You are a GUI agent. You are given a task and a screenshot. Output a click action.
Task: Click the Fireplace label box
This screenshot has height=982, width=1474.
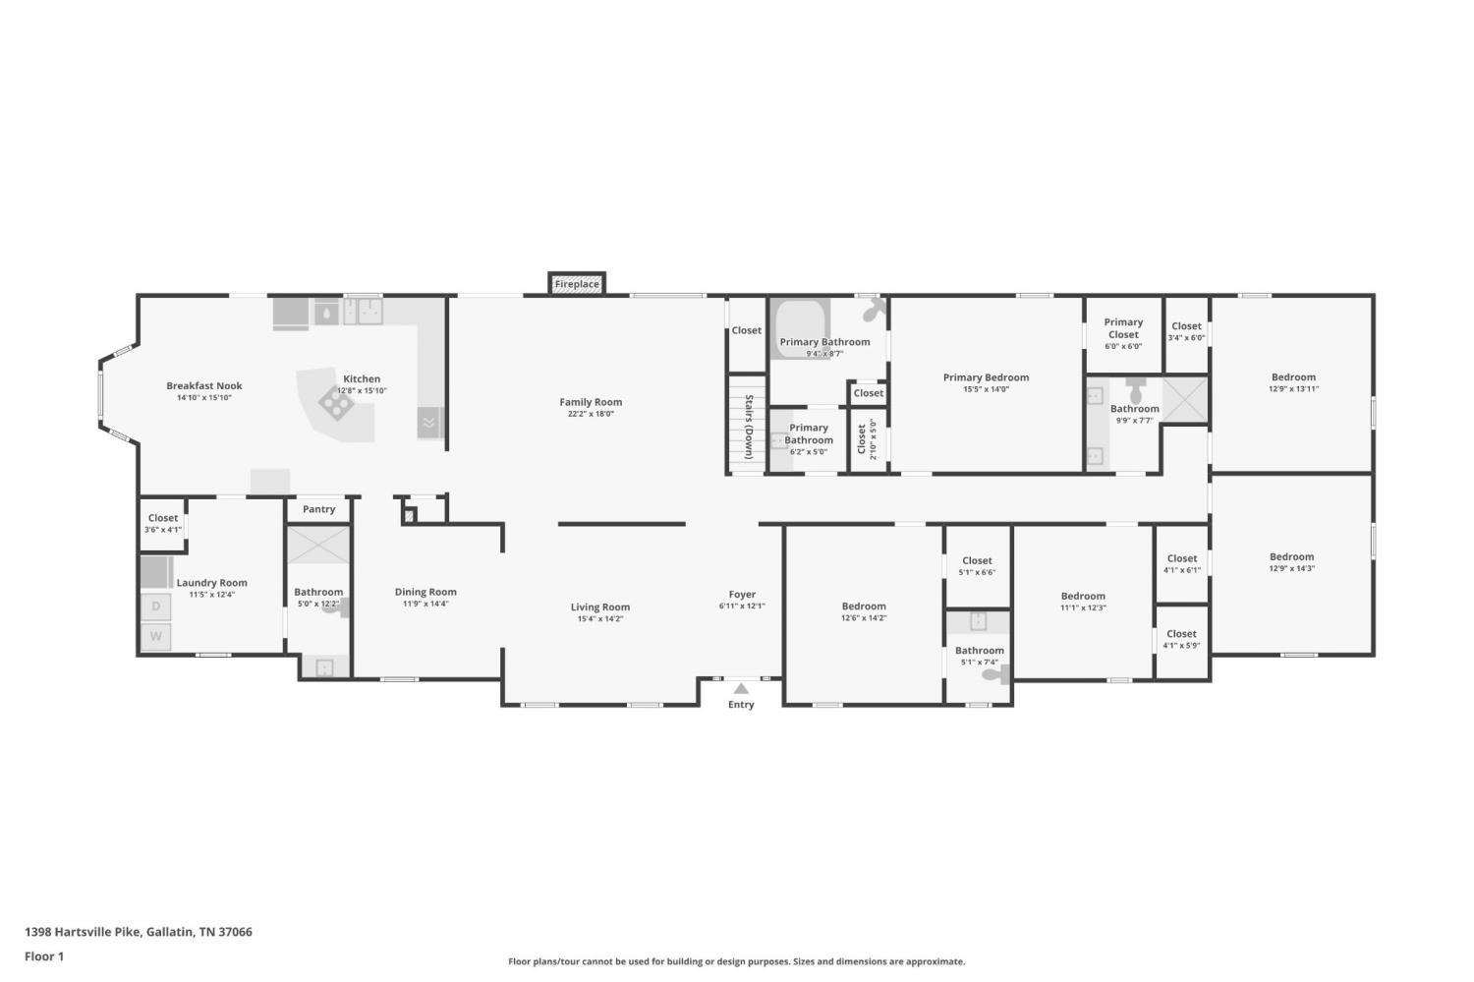tap(577, 284)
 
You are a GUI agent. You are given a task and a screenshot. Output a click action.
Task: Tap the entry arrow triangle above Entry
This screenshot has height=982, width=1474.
tap(741, 688)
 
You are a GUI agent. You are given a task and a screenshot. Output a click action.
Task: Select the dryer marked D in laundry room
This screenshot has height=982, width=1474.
tap(156, 607)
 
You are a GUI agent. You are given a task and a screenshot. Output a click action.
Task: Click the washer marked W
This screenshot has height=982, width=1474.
tap(156, 636)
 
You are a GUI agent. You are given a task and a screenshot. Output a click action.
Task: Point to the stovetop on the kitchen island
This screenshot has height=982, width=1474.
tap(336, 403)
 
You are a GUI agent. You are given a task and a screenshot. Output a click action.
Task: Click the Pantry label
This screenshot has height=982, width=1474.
tap(319, 509)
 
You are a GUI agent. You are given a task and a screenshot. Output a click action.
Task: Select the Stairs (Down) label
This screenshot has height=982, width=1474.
tap(749, 427)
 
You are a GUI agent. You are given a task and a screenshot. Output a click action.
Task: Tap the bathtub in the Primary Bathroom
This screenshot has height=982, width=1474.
tap(800, 329)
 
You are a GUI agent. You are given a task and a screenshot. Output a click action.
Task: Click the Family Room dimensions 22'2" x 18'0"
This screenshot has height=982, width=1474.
tap(591, 414)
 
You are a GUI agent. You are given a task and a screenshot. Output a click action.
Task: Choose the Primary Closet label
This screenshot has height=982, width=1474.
tap(1123, 327)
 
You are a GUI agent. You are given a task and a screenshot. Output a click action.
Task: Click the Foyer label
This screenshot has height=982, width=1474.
tap(742, 594)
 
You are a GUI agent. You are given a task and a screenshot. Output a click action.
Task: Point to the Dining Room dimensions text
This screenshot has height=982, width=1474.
tap(425, 604)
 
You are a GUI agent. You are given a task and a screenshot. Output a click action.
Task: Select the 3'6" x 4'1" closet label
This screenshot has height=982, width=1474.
tap(163, 529)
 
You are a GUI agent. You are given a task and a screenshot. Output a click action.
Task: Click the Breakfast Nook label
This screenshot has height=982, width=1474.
tap(204, 385)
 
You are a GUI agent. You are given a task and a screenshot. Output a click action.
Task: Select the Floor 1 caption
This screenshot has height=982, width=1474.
tap(44, 956)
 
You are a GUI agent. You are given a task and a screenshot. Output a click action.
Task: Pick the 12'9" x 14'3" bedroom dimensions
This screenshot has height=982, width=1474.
tap(1292, 569)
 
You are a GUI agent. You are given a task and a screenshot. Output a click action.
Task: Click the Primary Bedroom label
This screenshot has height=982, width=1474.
tap(986, 377)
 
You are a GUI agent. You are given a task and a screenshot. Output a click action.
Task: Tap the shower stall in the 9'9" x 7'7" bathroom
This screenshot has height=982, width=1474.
tap(1185, 399)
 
